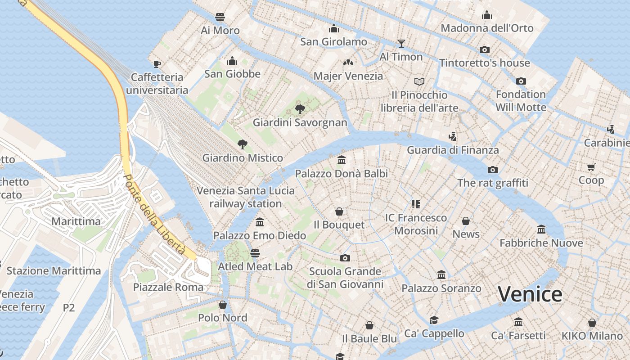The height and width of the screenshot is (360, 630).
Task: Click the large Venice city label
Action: coord(530,294)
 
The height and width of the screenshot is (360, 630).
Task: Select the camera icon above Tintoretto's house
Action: coord(485,49)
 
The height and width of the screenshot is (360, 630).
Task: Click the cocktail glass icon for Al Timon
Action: coord(401,44)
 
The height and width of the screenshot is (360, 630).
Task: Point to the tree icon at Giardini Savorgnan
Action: coord(300,109)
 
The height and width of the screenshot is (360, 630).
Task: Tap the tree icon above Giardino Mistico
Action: coord(243,144)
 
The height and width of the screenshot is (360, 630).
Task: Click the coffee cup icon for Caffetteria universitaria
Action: coord(157,64)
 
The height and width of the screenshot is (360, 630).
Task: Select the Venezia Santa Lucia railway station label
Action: coord(246,197)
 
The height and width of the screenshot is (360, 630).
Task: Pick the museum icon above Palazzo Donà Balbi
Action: coord(341,160)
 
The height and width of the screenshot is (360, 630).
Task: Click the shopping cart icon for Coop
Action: coord(591,167)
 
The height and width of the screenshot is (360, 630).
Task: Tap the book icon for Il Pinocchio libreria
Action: coord(419,81)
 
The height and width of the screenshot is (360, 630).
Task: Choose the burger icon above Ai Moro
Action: coord(220,17)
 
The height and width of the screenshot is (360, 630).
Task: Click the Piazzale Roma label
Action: coord(168,287)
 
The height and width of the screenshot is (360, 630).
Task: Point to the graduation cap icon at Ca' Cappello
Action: coord(434,320)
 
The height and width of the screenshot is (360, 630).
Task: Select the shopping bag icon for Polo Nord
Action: coord(222,305)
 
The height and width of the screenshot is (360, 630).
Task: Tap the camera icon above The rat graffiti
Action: coord(493,170)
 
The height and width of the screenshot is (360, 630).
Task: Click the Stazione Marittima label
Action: coord(54,271)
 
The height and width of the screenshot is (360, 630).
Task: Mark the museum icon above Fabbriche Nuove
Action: coord(541,229)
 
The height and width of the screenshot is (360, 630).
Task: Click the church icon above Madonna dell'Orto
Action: coord(486,15)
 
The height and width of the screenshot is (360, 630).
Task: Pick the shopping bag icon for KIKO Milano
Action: coord(592,323)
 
